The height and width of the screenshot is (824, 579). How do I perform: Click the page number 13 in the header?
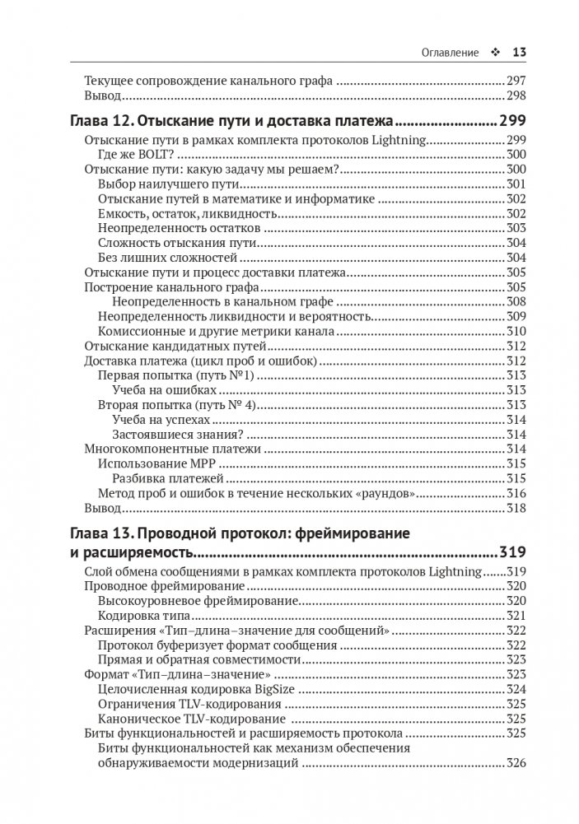(x=519, y=53)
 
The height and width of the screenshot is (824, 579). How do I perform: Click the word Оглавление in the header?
(x=451, y=53)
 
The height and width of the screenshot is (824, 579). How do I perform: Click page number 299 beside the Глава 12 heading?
(x=512, y=121)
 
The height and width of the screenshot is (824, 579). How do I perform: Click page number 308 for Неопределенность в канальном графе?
(x=516, y=302)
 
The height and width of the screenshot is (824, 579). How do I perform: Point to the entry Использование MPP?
(x=149, y=463)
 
